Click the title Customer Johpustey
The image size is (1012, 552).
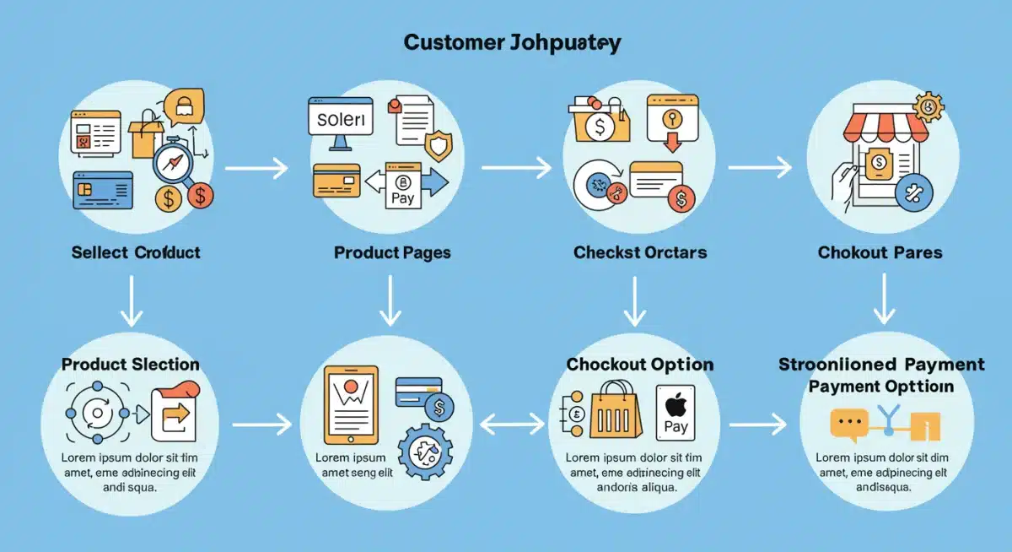pos(512,43)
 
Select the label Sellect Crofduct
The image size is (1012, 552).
pos(136,252)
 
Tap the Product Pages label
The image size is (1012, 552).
pos(392,252)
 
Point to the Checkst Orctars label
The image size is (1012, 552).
pos(640,252)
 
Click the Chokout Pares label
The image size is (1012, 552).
pos(880,252)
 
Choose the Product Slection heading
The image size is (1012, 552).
pos(131,365)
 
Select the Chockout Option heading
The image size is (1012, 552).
pos(640,365)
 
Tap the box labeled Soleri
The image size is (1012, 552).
pos(341,121)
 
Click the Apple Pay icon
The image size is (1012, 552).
pos(676,413)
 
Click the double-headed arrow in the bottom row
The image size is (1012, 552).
pos(512,424)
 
